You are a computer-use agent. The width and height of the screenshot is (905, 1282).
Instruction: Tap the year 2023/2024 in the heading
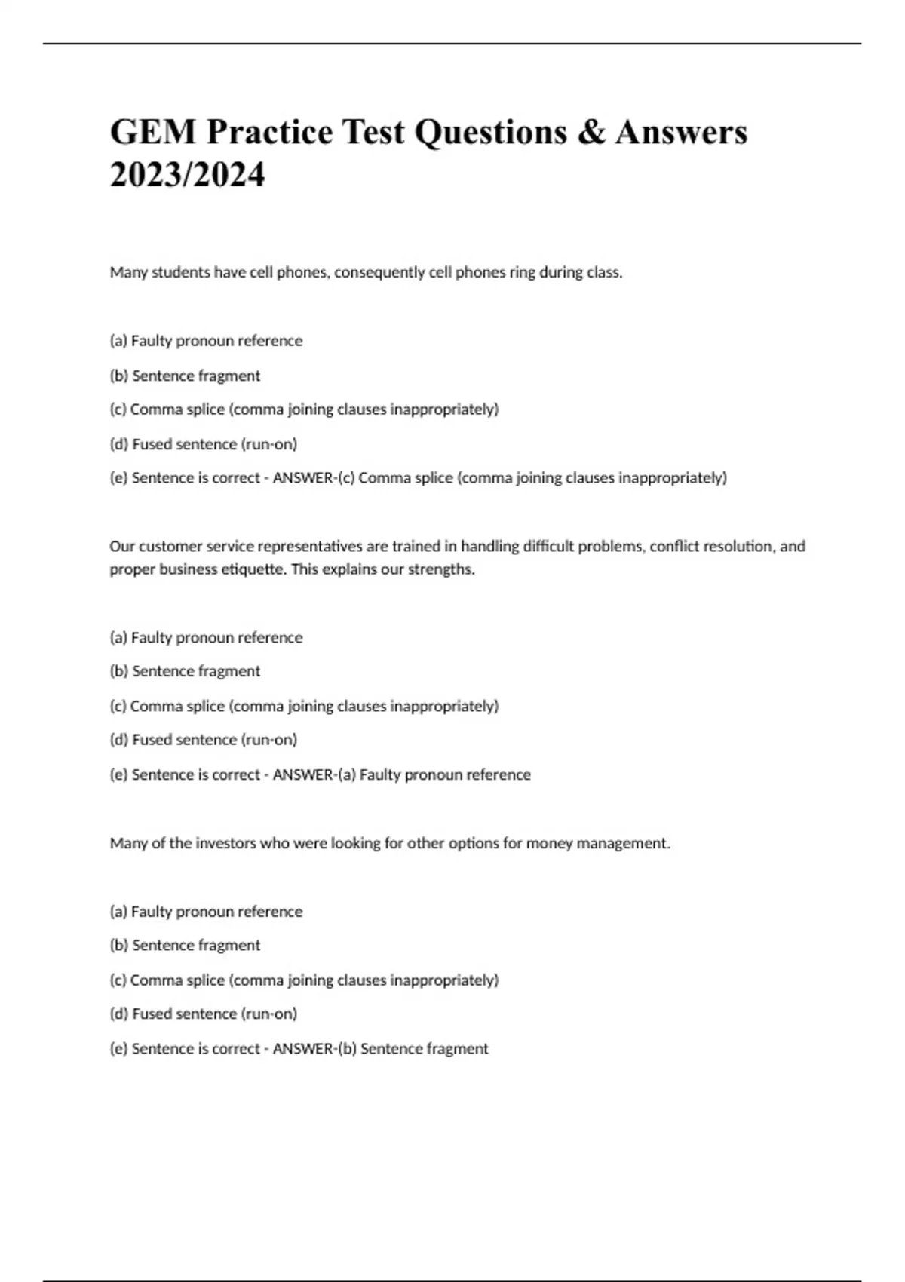point(187,175)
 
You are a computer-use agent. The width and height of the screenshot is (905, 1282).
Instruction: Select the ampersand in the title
point(591,132)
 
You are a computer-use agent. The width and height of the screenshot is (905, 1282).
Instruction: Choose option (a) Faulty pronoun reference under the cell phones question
point(206,341)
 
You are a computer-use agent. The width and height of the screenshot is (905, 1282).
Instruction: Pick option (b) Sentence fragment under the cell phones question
point(185,376)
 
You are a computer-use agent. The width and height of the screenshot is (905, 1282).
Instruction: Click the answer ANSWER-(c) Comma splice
point(499,477)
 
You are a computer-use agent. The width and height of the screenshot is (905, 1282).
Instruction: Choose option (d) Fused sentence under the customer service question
point(204,740)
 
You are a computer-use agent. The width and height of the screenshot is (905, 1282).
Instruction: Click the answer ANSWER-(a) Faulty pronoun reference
point(401,774)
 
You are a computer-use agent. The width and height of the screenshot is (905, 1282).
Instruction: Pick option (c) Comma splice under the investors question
point(304,980)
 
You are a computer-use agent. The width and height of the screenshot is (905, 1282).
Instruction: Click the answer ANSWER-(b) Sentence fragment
point(380,1048)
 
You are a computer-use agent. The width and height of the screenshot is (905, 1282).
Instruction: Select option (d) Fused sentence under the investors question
point(204,1014)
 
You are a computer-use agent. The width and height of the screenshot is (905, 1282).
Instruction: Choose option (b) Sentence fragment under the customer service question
point(185,671)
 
